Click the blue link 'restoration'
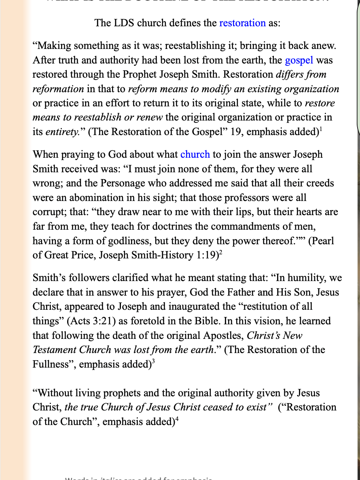(x=242, y=23)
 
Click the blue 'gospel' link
(x=299, y=60)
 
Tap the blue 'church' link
(x=195, y=154)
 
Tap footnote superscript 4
(x=177, y=419)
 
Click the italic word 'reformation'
(x=58, y=89)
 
